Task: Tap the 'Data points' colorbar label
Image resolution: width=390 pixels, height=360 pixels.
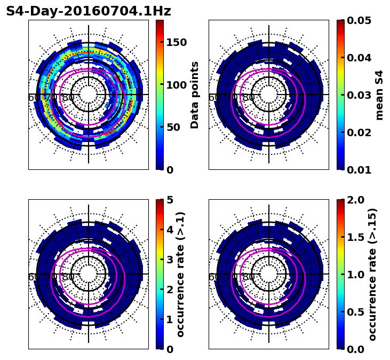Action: point(195,95)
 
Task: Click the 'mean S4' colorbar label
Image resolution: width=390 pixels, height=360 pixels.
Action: point(380,95)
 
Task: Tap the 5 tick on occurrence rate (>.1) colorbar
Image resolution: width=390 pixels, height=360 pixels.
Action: point(170,200)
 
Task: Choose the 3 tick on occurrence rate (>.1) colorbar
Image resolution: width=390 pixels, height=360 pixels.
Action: point(170,260)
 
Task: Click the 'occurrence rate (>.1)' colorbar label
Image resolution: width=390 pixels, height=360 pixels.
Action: point(180,274)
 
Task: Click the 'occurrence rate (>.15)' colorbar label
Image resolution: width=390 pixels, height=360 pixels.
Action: point(372,274)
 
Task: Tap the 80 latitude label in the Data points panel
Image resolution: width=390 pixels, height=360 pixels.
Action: point(68,98)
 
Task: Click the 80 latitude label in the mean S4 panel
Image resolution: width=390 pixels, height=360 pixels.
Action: point(249,98)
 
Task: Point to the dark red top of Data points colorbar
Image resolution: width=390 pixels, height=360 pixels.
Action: point(160,22)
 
